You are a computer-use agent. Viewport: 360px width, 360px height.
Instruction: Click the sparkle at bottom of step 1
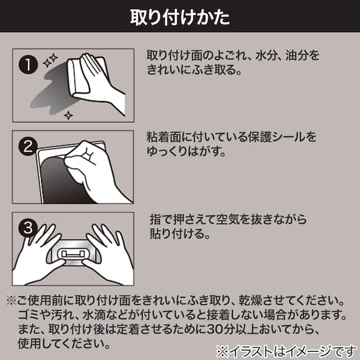point(69,114)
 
